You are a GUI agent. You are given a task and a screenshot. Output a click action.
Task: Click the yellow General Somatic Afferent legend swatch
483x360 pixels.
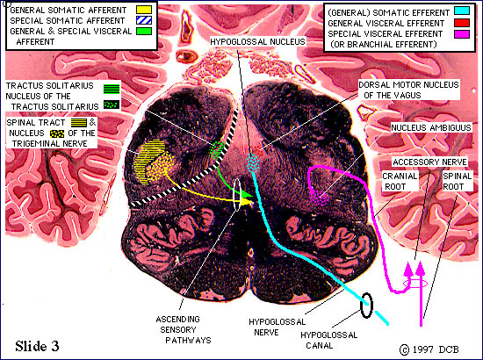144,10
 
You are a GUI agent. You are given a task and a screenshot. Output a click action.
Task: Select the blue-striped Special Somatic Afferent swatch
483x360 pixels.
144,20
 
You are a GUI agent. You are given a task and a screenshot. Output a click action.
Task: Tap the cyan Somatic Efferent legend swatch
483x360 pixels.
462,11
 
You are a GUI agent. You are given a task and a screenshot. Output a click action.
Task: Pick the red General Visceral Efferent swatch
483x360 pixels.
462,23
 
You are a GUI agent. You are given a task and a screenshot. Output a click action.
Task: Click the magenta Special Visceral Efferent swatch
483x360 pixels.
462,34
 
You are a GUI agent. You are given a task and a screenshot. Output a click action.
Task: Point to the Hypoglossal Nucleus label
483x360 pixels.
257,41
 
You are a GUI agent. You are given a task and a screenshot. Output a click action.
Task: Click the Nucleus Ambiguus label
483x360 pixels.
431,127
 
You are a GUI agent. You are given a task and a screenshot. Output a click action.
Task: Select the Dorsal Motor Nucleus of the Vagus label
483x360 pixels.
408,90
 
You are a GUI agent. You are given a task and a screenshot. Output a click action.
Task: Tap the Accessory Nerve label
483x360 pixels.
429,162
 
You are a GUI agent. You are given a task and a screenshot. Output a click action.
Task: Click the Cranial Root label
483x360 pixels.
400,182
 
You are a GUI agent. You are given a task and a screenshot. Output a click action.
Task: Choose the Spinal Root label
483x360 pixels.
458,182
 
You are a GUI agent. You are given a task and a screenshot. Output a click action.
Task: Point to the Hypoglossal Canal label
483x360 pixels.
329,340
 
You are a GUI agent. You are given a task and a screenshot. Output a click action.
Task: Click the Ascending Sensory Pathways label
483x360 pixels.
184,329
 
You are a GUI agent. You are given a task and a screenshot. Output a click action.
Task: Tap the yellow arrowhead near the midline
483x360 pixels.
247,201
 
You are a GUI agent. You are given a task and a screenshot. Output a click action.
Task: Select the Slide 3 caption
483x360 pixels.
37,346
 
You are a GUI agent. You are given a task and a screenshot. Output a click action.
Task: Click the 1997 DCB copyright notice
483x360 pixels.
429,349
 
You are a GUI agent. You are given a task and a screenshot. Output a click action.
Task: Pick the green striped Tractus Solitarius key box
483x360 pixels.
112,89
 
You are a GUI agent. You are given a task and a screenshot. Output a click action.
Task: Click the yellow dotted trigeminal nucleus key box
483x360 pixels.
57,133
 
